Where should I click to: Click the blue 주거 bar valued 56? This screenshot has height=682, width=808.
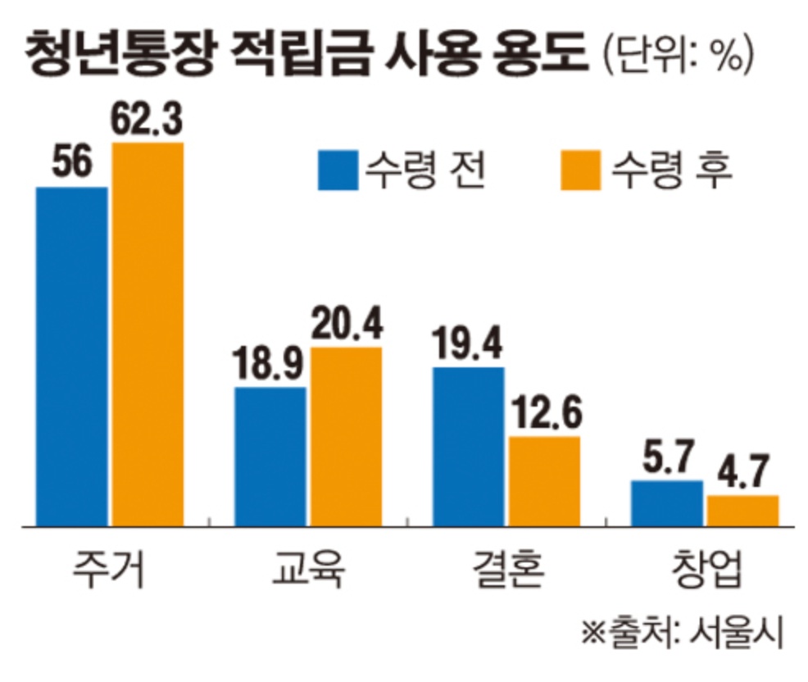pos(71,356)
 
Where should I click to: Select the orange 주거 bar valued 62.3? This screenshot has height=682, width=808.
pos(148,334)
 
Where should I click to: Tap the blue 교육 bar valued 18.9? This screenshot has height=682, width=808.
pos(270,456)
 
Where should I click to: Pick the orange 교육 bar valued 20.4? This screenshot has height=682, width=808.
pos(346,436)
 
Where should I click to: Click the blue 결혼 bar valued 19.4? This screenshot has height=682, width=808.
pos(468,446)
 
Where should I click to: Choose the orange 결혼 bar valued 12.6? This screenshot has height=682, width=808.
pos(544,480)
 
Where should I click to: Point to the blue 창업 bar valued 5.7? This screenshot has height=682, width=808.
pos(667,502)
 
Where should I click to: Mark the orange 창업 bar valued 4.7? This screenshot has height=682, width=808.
pos(742,510)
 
